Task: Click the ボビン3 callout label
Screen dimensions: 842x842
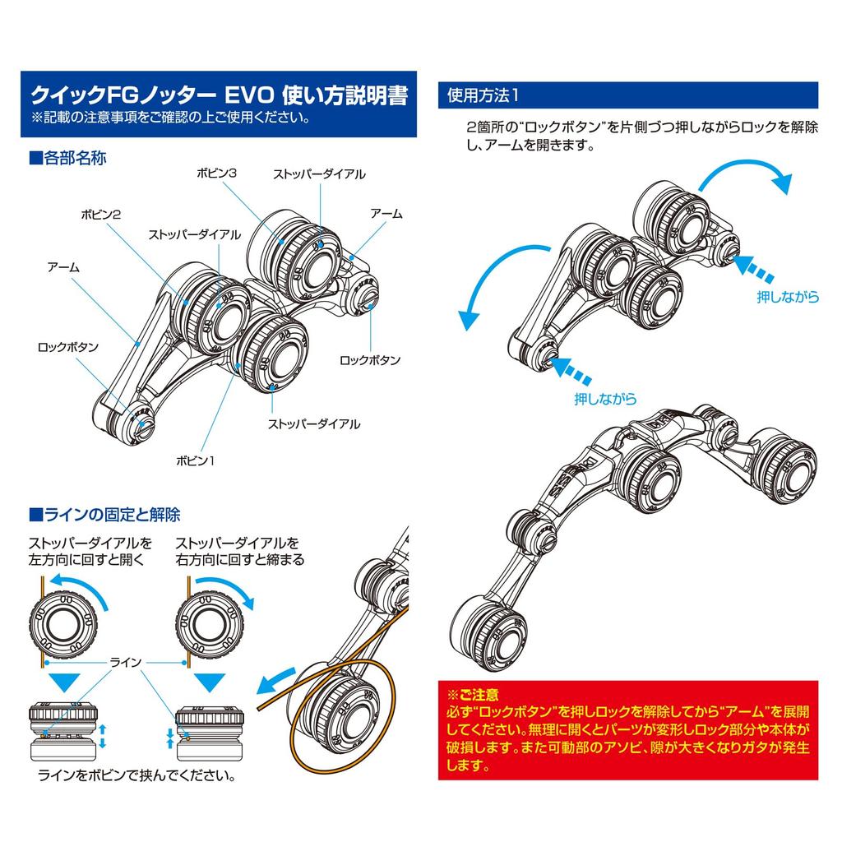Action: click(216, 173)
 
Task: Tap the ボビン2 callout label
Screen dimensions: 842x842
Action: click(101, 215)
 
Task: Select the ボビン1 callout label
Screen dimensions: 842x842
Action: click(196, 460)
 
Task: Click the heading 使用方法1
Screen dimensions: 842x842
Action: click(483, 95)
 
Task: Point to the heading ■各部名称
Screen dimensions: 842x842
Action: click(67, 158)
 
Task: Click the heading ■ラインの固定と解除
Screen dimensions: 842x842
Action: click(104, 515)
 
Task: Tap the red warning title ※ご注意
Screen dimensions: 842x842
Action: click(473, 695)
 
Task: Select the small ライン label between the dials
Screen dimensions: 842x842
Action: click(126, 662)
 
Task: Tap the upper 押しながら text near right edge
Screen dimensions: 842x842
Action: click(789, 296)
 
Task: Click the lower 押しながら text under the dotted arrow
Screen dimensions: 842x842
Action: click(605, 399)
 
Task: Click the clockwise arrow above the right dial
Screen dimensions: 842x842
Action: click(224, 590)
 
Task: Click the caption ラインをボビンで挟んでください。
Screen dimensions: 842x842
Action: click(137, 775)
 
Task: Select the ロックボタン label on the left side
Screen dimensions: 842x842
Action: click(68, 347)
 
